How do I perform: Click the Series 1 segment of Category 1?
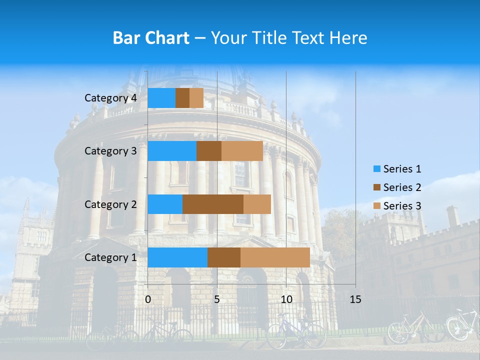177,257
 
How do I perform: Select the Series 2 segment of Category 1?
223,257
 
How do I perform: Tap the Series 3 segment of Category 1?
275,257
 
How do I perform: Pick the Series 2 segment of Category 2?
212,204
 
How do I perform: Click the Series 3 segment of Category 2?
257,204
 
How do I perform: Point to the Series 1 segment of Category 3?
171,151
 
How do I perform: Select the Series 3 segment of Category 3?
242,151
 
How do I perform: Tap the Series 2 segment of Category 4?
182,98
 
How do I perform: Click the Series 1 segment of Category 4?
161,98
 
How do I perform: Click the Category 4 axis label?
110,98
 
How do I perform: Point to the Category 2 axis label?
110,204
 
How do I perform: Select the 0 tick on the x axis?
148,299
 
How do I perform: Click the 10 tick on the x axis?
286,299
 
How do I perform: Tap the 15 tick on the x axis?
355,299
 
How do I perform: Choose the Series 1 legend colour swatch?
376,169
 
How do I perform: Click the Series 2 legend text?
402,187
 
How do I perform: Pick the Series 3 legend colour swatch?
376,206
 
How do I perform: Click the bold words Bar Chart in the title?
151,38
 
